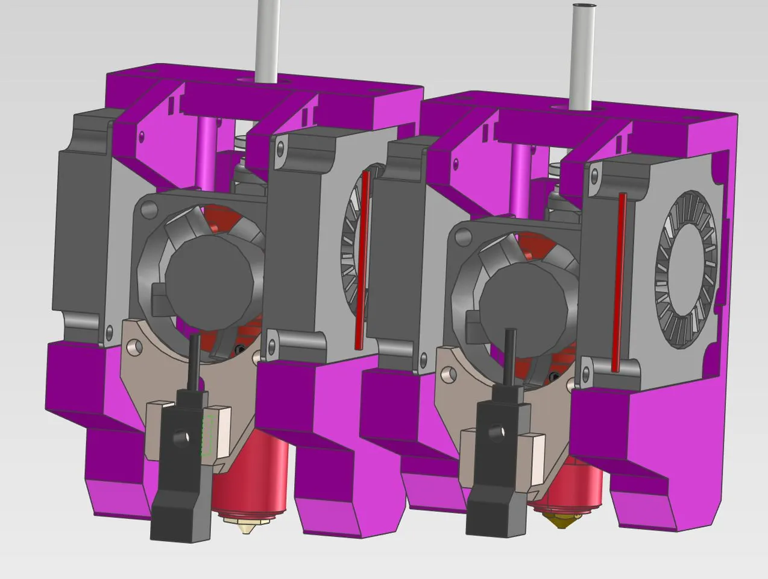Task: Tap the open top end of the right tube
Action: point(584,7)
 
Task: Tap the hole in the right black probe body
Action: point(496,432)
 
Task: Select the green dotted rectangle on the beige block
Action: point(208,435)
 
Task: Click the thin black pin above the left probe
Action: point(195,362)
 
